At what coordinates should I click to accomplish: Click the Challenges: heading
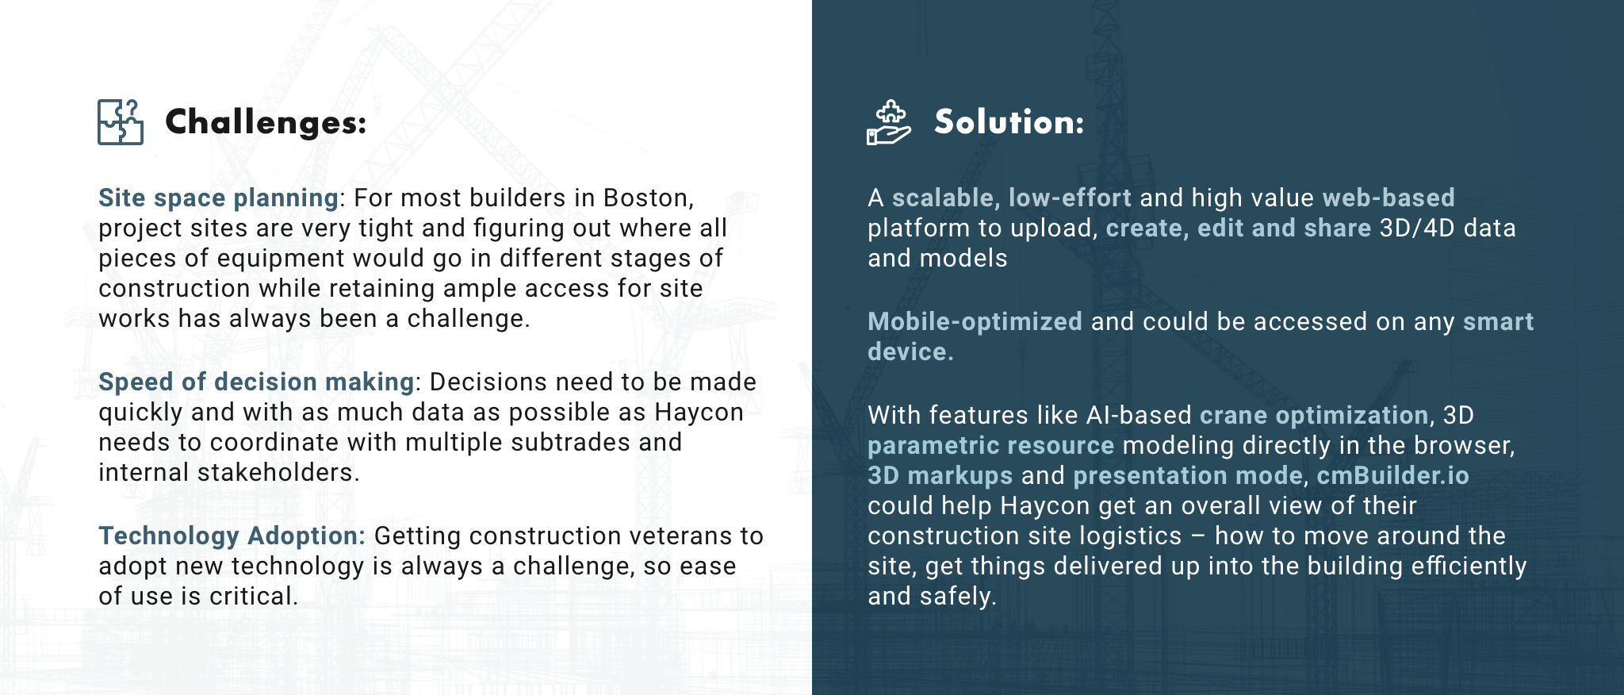point(266,122)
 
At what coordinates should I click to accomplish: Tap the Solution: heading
point(1009,121)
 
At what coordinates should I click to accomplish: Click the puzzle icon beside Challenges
point(121,122)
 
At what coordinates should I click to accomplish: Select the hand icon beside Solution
point(889,122)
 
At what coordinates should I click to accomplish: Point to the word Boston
point(648,198)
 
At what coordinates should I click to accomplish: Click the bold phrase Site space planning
point(219,198)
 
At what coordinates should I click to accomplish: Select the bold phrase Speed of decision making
point(256,382)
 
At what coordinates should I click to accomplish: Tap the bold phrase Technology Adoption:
point(232,536)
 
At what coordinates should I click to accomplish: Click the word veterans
point(683,536)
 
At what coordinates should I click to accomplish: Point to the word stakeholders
point(278,472)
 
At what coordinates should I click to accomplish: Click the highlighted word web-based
point(1388,198)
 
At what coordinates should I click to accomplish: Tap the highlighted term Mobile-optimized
point(975,321)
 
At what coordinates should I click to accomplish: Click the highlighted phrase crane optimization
point(1314,415)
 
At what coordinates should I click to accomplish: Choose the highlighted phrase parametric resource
point(990,445)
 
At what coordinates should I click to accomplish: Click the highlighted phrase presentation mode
point(1187,475)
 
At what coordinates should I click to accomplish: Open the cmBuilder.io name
point(1392,475)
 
